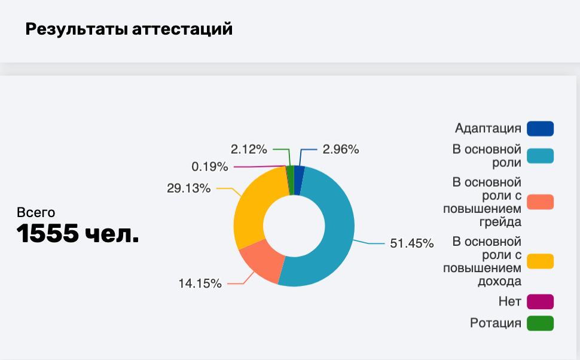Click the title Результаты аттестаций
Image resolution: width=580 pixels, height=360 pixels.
click(x=129, y=29)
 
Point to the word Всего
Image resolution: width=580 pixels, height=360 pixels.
click(x=36, y=212)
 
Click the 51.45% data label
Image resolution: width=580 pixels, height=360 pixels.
click(x=411, y=243)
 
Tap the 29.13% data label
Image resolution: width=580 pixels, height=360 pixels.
click(x=189, y=188)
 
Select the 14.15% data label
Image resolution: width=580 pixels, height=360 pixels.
click(x=200, y=283)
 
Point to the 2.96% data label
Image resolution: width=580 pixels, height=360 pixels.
click(x=341, y=150)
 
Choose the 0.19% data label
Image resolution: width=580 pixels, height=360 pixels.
click(x=210, y=166)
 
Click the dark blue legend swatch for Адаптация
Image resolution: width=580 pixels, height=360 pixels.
click(x=540, y=129)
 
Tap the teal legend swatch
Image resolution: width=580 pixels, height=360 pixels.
click(x=540, y=155)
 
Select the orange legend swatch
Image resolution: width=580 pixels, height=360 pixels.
click(x=540, y=202)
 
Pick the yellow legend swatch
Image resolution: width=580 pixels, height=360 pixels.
click(x=540, y=261)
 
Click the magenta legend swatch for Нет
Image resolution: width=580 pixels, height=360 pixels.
click(x=540, y=301)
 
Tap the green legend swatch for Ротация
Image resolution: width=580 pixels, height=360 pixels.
click(x=540, y=324)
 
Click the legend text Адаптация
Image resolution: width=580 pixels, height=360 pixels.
click(x=488, y=129)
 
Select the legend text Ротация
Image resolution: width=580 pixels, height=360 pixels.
click(x=496, y=324)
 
